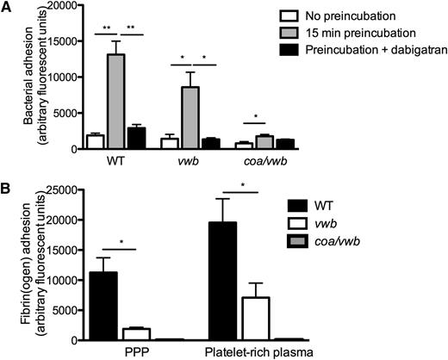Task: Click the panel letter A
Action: [8, 8]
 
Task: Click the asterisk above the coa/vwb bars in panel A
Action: [258, 114]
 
